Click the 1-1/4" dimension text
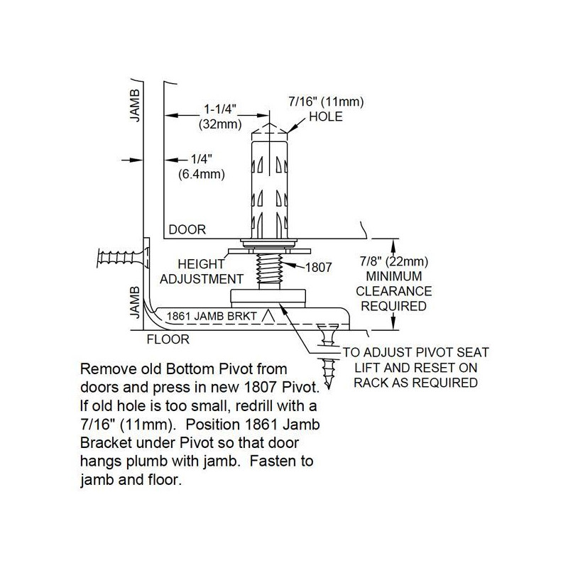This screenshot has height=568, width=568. pos(220,109)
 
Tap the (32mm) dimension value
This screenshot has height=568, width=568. pos(220,124)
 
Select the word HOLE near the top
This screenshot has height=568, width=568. pos(326,116)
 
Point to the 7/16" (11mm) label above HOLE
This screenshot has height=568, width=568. pos(326,102)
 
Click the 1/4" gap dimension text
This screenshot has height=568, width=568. pos(202,158)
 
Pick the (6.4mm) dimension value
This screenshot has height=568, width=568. pos(202,174)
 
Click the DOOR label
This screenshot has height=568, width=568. pos(187,229)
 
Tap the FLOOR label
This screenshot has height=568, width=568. pos(168,339)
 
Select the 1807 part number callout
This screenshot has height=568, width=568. pos(318,268)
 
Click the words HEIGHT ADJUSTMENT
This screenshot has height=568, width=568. pos(202,271)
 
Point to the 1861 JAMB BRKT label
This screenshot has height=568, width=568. pos(212,316)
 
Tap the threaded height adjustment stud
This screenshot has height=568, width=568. pos(269,271)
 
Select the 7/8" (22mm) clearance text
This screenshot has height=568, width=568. pos(394,261)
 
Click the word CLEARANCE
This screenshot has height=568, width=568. pos(394,291)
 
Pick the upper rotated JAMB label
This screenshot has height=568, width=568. pos(135,106)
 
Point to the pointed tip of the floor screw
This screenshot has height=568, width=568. pos(329,388)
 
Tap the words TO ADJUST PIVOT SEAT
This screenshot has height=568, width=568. pos(416,352)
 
